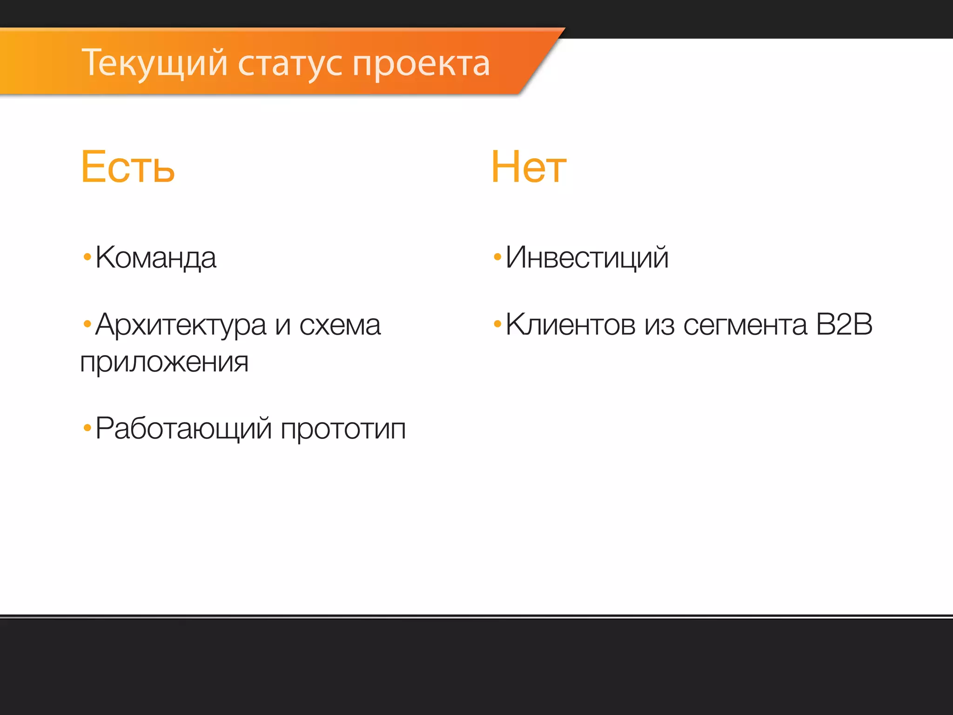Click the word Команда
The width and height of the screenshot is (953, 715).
pyautogui.click(x=156, y=257)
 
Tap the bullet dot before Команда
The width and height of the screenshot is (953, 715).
pyautogui.click(x=87, y=256)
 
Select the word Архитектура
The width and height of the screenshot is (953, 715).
pyautogui.click(x=181, y=325)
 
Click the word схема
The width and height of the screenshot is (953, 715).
pyautogui.click(x=340, y=325)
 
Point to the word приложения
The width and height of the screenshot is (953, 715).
pyautogui.click(x=164, y=362)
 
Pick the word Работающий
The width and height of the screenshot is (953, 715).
pyautogui.click(x=183, y=428)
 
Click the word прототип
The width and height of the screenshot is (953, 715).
pyautogui.click(x=343, y=429)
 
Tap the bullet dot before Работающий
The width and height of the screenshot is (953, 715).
pyautogui.click(x=87, y=428)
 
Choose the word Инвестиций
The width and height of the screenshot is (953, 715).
pyautogui.click(x=587, y=257)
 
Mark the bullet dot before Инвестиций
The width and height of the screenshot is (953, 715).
pyautogui.click(x=497, y=256)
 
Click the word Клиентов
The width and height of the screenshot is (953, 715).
pyautogui.click(x=570, y=324)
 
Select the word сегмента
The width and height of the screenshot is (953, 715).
pyautogui.click(x=745, y=325)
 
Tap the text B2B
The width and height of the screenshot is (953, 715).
pyautogui.click(x=844, y=324)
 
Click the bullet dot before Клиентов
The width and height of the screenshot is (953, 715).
pyautogui.click(x=497, y=324)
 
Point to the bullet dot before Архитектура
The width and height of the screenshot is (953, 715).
pyautogui.click(x=87, y=324)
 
